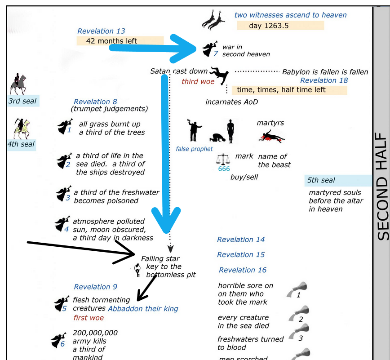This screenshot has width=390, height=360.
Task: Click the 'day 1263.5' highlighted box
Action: (280, 26)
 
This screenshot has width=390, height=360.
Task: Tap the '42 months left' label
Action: (111, 41)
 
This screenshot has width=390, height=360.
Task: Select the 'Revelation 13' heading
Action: (101, 31)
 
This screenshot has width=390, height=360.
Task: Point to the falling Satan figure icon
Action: (220, 76)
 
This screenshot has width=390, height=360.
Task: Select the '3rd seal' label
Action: (23, 101)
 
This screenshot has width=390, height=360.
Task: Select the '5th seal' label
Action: (321, 180)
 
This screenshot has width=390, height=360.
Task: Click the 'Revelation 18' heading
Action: (324, 80)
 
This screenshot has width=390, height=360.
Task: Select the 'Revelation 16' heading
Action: (243, 270)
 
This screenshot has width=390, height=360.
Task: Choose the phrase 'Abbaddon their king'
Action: (143, 308)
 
